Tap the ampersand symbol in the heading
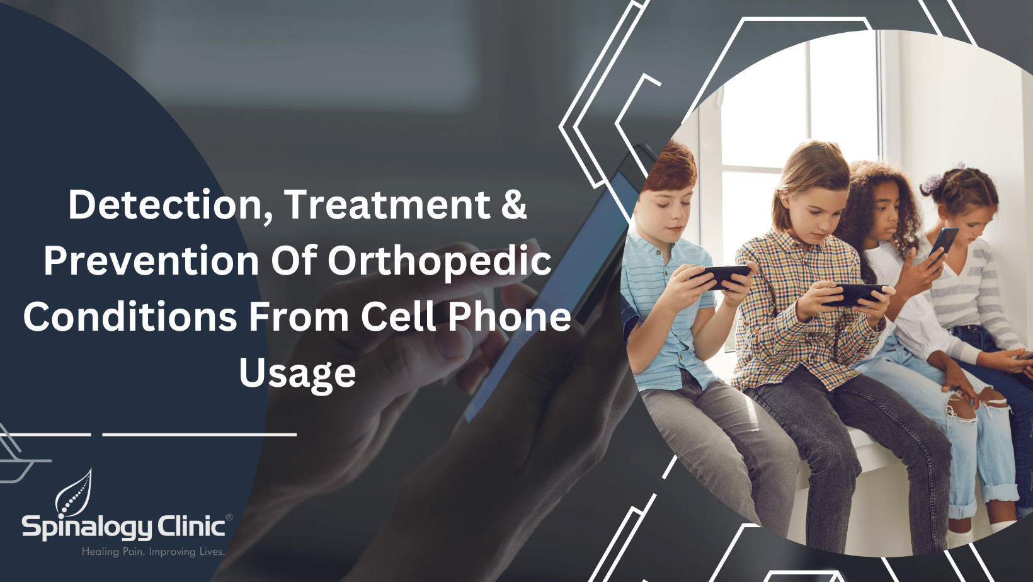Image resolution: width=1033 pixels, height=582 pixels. [514, 205]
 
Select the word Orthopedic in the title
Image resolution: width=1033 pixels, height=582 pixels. [439, 261]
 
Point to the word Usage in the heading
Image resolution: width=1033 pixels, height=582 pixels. [297, 373]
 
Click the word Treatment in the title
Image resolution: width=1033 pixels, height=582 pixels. [387, 205]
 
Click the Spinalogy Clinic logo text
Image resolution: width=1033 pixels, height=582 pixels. [123, 527]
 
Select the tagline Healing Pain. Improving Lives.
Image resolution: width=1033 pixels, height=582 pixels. [153, 552]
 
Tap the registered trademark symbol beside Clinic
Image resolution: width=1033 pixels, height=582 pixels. [229, 518]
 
